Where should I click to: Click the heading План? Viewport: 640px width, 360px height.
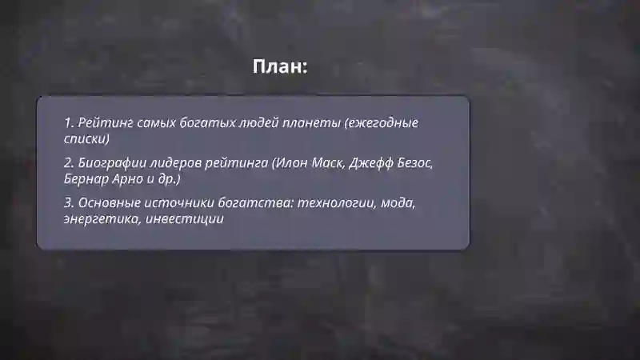click(x=280, y=66)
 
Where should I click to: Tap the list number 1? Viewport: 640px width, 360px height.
click(x=69, y=124)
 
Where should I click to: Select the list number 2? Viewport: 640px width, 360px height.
click(x=69, y=163)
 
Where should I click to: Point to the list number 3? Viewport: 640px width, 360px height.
click(x=69, y=203)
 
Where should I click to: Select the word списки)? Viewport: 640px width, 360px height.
click(x=86, y=139)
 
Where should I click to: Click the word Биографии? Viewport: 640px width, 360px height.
click(x=110, y=163)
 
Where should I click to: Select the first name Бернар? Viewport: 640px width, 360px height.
click(x=84, y=178)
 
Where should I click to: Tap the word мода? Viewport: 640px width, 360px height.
click(x=397, y=203)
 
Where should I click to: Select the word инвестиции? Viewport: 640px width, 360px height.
click(x=186, y=218)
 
